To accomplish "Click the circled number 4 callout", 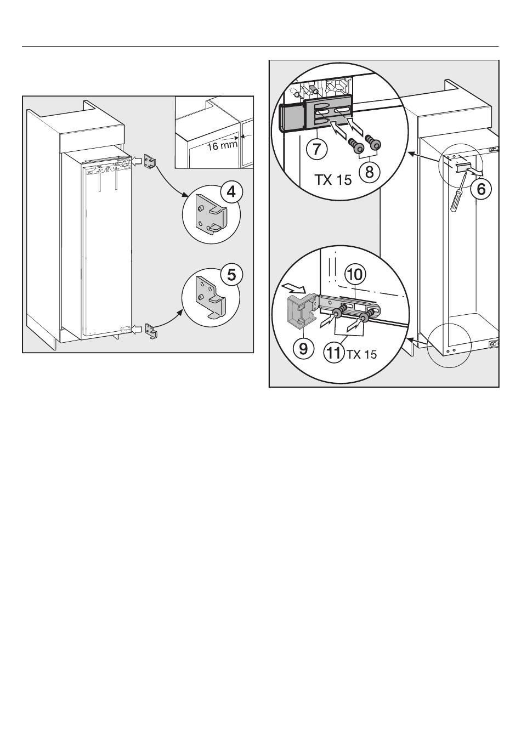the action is coord(231,192).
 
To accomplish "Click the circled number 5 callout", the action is coord(231,275).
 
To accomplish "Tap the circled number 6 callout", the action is coord(480,189).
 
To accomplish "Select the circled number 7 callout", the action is coord(316,149).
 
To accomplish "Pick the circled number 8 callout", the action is coord(370,172).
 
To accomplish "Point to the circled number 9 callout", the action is coord(303,349).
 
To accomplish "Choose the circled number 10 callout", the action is coord(355,275).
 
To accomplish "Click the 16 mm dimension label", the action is coord(222,146).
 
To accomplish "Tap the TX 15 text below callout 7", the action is coord(333,180).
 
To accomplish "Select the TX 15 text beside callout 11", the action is coord(361,354).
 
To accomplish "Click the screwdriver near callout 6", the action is coord(457,196).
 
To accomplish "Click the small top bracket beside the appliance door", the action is coord(150,162).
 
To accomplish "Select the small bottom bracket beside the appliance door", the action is coord(151,331).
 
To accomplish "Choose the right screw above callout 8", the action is coord(373,141).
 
